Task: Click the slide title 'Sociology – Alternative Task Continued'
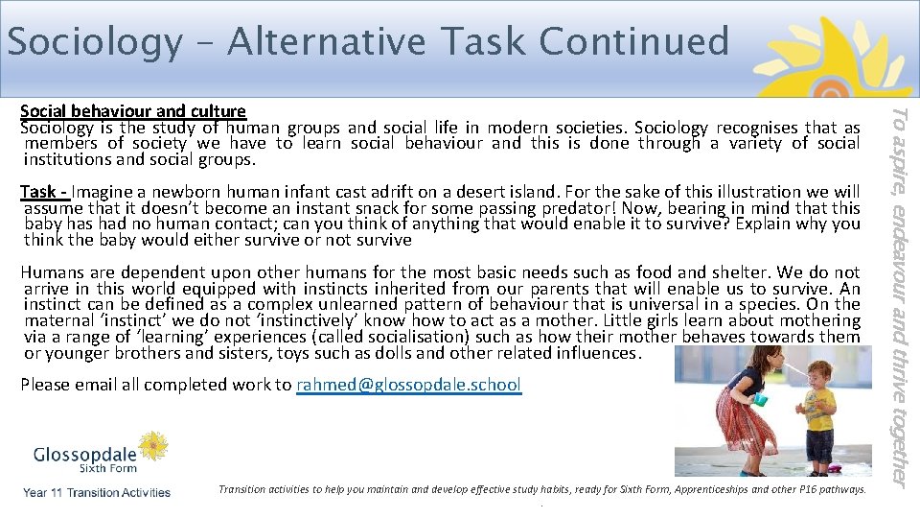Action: pyautogui.click(x=368, y=41)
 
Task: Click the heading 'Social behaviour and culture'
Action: pyautogui.click(x=133, y=111)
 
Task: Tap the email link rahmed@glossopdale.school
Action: pyautogui.click(x=409, y=385)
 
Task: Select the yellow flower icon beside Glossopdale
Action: pyautogui.click(x=152, y=447)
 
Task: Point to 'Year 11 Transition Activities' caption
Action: pyautogui.click(x=97, y=493)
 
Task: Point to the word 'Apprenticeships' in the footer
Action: pyautogui.click(x=708, y=489)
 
